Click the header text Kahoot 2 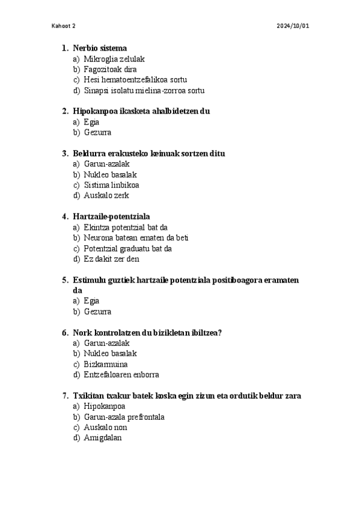64,26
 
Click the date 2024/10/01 293,26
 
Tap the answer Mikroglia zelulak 114,59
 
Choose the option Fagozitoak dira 110,70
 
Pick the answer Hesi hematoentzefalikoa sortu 135,80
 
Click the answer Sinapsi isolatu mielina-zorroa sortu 144,91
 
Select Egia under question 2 91,122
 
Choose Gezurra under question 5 97,312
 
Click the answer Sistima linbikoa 111,185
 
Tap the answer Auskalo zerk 106,195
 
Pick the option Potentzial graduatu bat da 127,248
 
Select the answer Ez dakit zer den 112,259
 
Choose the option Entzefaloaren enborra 121,375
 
